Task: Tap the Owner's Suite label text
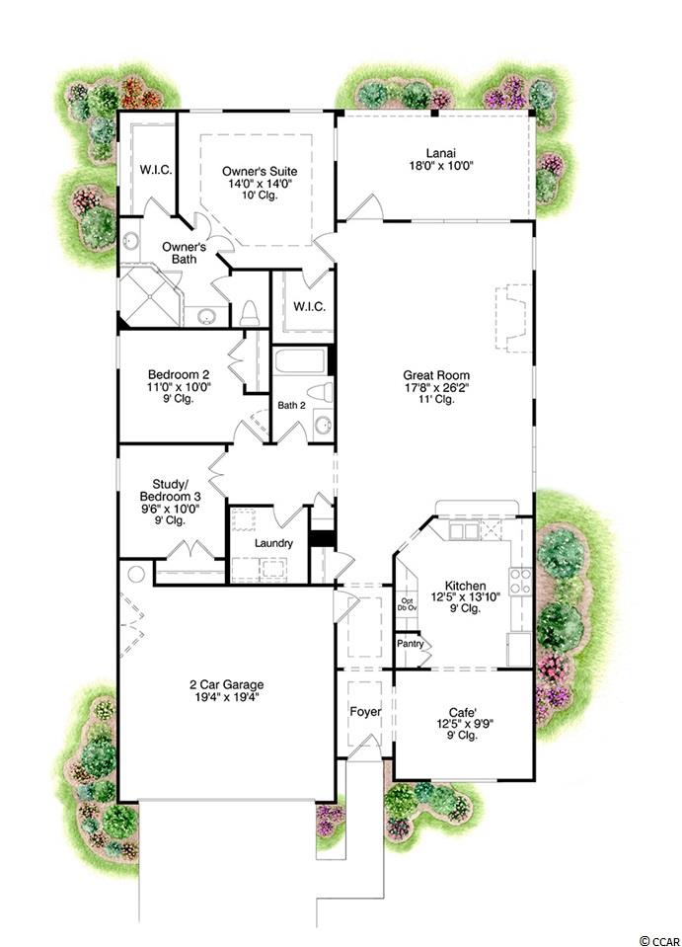point(260,172)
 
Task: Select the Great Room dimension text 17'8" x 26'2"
point(436,387)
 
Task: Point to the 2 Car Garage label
point(227,685)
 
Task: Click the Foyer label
point(365,712)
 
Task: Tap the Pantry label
point(411,644)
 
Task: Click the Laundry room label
point(273,543)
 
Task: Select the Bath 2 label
point(291,405)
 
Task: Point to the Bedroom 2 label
point(179,374)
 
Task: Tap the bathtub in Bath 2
point(301,360)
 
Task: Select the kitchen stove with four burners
point(521,582)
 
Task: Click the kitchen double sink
point(464,531)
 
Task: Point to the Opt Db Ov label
point(408,604)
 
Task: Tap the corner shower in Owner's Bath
point(150,295)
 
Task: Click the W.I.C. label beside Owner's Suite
point(156,170)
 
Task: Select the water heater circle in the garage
point(136,574)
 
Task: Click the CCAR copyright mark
point(659,940)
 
